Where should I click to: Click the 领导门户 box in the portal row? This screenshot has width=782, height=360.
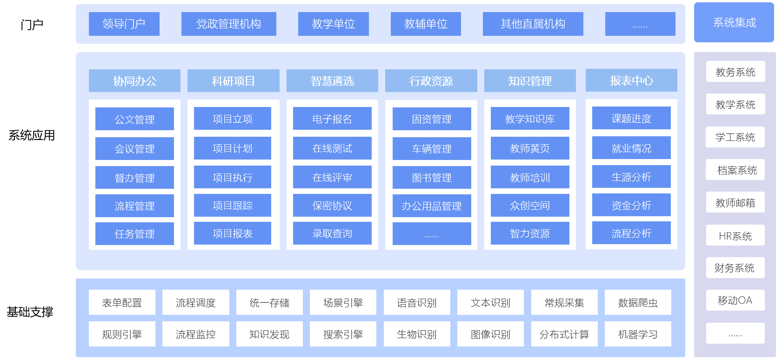tap(124, 24)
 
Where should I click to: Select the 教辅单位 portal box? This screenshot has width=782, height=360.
tap(426, 24)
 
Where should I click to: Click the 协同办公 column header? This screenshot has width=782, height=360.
tap(134, 81)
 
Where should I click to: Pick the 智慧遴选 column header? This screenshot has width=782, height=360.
tap(332, 81)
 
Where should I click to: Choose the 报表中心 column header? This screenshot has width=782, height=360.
tap(631, 80)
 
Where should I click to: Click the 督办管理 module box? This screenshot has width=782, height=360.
tap(134, 178)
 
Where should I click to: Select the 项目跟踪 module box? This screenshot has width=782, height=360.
tap(232, 206)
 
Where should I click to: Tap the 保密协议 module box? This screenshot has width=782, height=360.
tap(332, 206)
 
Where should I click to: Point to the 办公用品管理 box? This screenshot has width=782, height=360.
tap(432, 206)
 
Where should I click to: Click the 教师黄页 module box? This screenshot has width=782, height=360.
tap(530, 148)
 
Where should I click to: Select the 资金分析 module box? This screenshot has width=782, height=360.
tap(631, 205)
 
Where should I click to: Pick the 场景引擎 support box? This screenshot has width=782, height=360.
tap(343, 303)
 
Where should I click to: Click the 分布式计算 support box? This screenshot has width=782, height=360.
tap(564, 334)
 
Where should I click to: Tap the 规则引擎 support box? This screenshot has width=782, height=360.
tap(122, 334)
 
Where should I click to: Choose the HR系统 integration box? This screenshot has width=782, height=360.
tap(735, 236)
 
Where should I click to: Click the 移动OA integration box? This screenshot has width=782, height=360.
tap(735, 300)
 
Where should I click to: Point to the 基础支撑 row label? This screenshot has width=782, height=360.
tap(30, 312)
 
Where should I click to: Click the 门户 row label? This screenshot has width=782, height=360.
tap(32, 25)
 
